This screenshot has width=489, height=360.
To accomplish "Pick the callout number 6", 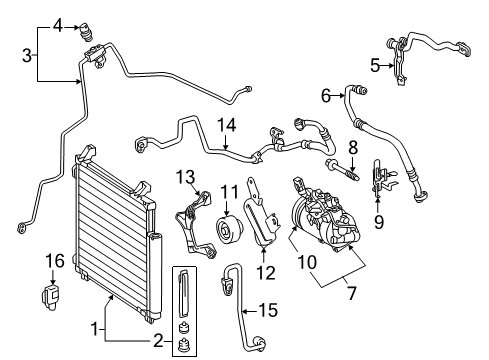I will point(326,96).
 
